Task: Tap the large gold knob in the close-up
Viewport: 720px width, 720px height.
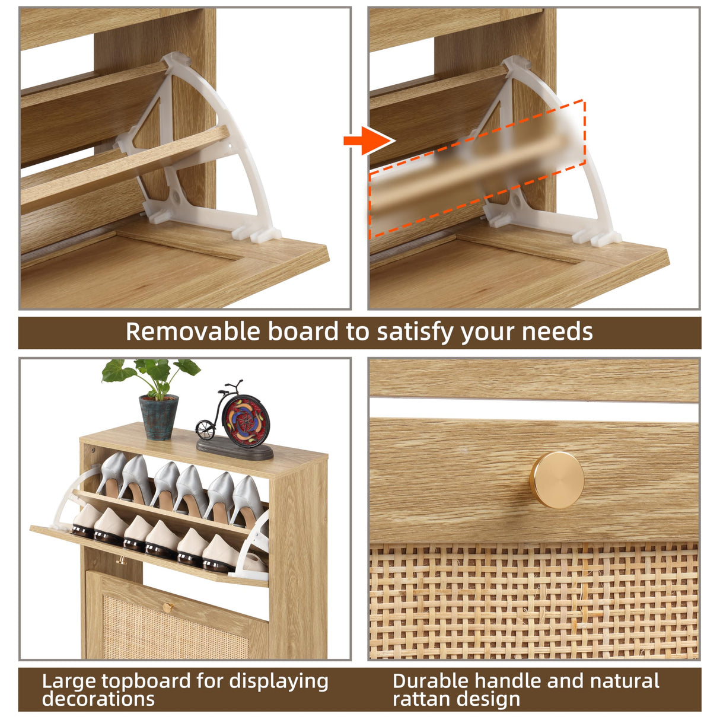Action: tap(556, 479)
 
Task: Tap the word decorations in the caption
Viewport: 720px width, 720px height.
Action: tap(98, 699)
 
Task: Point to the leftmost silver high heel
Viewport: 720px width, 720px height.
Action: tap(111, 474)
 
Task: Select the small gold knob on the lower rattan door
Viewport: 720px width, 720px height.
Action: tap(167, 606)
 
